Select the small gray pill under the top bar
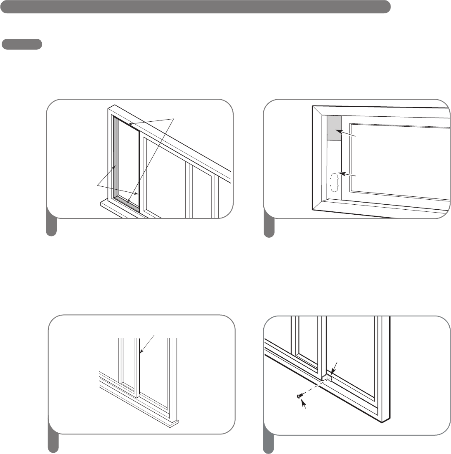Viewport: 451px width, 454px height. click(22, 44)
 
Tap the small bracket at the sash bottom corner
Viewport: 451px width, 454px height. click(328, 378)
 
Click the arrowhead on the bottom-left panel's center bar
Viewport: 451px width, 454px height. click(141, 353)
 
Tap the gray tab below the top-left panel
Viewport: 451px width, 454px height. click(51, 228)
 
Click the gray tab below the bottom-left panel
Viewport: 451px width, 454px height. click(53, 444)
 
